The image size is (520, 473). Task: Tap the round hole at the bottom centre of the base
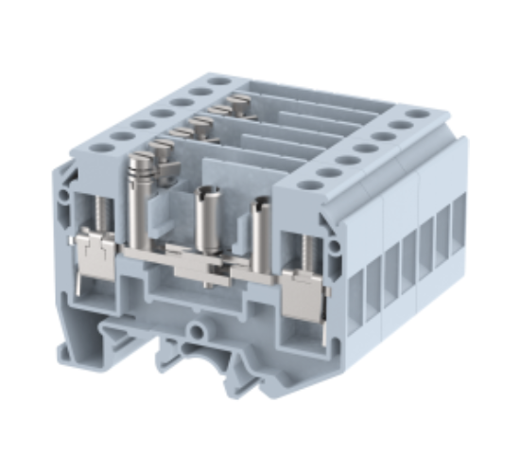coord(199,331)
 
